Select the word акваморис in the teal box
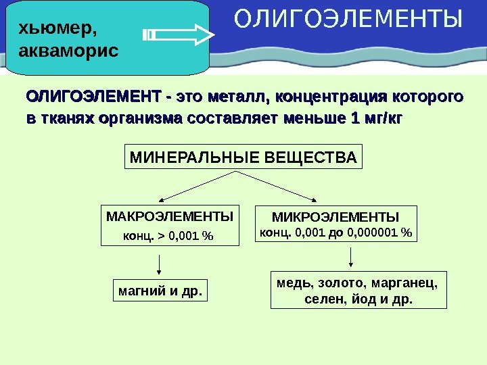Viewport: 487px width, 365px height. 68,51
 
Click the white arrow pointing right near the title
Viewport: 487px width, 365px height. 179,34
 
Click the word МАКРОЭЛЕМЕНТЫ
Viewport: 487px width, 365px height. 169,217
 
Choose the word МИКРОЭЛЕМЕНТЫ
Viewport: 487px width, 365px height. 335,217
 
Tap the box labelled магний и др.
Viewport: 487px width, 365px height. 160,291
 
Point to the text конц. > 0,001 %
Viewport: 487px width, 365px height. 166,237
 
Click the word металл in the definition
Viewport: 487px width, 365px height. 239,97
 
